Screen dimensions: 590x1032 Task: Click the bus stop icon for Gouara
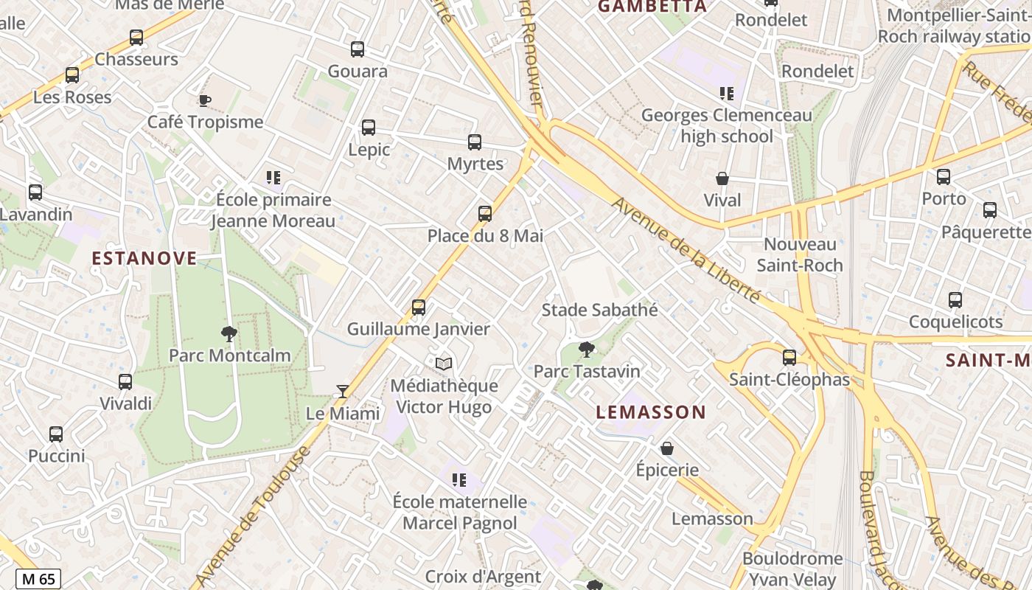click(x=358, y=49)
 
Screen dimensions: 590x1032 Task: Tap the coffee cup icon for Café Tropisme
click(x=204, y=100)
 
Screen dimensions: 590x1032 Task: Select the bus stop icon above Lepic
click(x=369, y=128)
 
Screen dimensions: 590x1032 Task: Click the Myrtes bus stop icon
click(x=475, y=142)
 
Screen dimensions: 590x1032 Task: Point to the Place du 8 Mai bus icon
click(x=484, y=214)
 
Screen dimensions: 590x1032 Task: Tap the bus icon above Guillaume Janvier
click(x=419, y=307)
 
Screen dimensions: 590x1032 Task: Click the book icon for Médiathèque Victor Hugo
click(x=443, y=364)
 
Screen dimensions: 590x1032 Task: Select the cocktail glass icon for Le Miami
click(x=342, y=391)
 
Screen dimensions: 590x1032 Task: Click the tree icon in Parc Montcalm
click(x=229, y=333)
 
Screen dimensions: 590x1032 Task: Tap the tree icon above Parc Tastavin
click(x=587, y=350)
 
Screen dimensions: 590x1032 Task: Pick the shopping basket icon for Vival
click(x=722, y=178)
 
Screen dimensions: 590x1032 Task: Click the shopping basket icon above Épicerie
click(x=667, y=448)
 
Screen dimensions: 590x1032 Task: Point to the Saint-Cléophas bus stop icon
click(x=789, y=358)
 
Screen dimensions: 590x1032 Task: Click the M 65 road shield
click(x=38, y=579)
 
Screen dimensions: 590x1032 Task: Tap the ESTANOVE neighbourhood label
click(x=144, y=258)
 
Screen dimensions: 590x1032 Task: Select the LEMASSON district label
click(x=651, y=412)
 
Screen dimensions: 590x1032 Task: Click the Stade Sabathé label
click(x=599, y=310)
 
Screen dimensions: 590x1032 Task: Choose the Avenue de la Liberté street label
click(x=686, y=251)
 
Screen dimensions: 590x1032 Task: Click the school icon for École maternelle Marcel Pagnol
click(x=459, y=480)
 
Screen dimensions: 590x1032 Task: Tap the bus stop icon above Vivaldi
click(x=125, y=381)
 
